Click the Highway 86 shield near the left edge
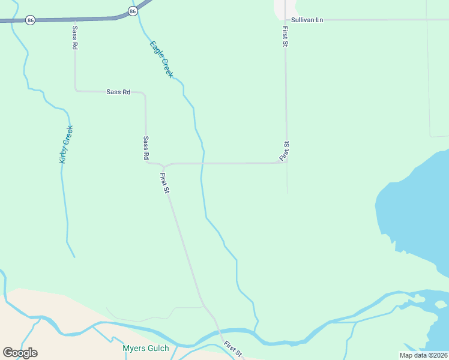(x=31, y=20)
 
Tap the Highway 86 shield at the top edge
(x=133, y=11)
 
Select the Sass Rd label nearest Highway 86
(x=75, y=37)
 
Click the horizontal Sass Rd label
(x=118, y=92)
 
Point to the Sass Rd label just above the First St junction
(x=146, y=147)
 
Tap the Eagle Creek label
(x=161, y=58)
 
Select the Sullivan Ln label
(x=307, y=20)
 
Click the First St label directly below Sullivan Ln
(x=285, y=36)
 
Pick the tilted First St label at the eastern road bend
(x=285, y=151)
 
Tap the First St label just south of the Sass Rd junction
(x=165, y=183)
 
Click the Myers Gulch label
(x=146, y=348)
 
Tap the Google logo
(x=20, y=353)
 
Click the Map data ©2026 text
(x=424, y=355)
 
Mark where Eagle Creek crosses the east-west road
(x=202, y=163)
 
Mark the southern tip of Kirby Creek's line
(x=74, y=257)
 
